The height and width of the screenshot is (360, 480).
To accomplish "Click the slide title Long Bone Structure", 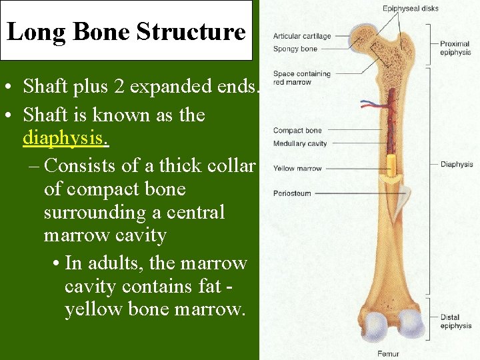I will [126, 31].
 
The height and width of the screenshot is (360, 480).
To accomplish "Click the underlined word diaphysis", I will [66, 139].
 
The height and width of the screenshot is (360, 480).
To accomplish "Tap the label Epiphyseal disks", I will [410, 9].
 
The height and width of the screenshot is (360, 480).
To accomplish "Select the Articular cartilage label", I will [301, 36].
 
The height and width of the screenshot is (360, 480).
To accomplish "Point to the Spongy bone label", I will [295, 49].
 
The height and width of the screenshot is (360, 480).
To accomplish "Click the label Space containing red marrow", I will [301, 77].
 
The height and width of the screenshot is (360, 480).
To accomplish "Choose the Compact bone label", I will [297, 131].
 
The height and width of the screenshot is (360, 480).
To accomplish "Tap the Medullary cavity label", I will [300, 143].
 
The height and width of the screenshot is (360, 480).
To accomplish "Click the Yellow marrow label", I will [297, 169].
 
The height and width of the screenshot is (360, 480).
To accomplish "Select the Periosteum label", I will [293, 193].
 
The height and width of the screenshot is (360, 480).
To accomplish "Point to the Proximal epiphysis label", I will [455, 48].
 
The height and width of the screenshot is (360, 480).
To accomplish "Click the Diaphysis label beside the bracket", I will [456, 164].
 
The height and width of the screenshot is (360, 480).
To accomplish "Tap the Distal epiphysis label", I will [456, 321].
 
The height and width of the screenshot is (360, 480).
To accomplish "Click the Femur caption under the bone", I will [388, 354].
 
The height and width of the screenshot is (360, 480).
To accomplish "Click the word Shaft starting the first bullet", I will [44, 87].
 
